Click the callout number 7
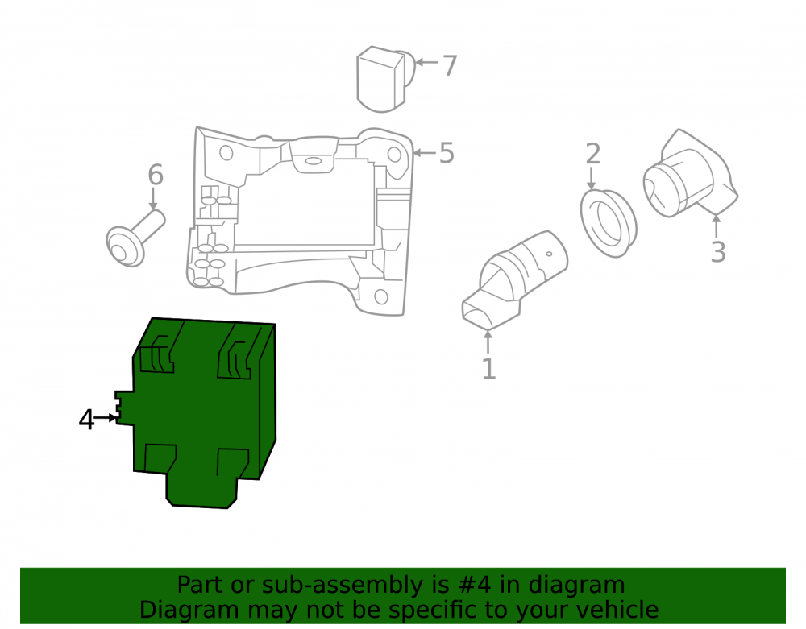tap(450, 66)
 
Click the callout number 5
tap(447, 153)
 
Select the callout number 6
tap(156, 175)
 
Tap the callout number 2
tap(592, 154)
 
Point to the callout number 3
tap(718, 252)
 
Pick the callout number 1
tap(488, 369)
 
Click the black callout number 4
tap(86, 420)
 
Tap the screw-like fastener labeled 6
tap(135, 239)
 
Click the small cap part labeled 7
tap(384, 79)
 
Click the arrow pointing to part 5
tap(424, 153)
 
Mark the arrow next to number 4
tap(106, 418)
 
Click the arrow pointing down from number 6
tap(153, 199)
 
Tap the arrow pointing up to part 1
tap(488, 342)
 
